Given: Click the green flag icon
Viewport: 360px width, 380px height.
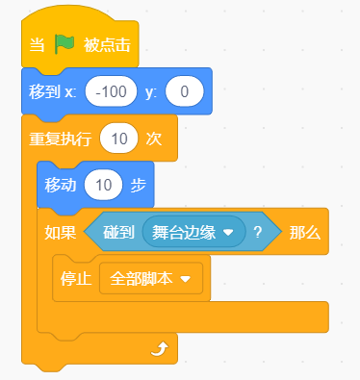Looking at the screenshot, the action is coord(64,44).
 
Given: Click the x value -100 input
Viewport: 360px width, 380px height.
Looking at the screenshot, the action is coord(111,91).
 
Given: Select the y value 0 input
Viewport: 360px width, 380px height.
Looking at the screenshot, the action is coord(185,91).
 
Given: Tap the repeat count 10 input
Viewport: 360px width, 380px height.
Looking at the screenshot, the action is coord(119,139).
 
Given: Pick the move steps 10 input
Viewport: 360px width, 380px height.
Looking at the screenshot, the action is coord(103,185).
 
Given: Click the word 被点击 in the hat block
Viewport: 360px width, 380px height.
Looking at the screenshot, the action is coord(107,44).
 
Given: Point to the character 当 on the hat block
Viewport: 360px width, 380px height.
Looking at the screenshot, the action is coord(37,44).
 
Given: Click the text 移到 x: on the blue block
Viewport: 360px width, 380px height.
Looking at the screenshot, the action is coord(53,91).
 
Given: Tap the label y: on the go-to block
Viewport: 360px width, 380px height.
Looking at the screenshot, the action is coord(151,92).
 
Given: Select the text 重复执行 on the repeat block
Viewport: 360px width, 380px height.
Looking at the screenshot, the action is coord(61,139).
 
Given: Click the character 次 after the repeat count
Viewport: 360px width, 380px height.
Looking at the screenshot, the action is coord(154,139).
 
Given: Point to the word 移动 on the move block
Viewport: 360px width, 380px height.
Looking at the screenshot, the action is coord(61,186).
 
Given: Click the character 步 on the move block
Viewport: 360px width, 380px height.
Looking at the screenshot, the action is coord(139,186).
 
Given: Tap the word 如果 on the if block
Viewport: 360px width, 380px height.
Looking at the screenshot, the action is coord(61,233).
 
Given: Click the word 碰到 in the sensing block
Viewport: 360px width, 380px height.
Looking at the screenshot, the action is coord(118,232).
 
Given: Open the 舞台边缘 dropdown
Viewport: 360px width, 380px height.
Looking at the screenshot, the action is coord(194,232).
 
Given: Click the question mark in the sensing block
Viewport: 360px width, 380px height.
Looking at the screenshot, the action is coord(258,232).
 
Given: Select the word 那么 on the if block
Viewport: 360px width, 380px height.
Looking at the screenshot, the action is coord(305,233).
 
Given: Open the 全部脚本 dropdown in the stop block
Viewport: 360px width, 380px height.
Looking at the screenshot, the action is coord(151,279).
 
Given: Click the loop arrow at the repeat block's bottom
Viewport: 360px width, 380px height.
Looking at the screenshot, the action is coord(160,349).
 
